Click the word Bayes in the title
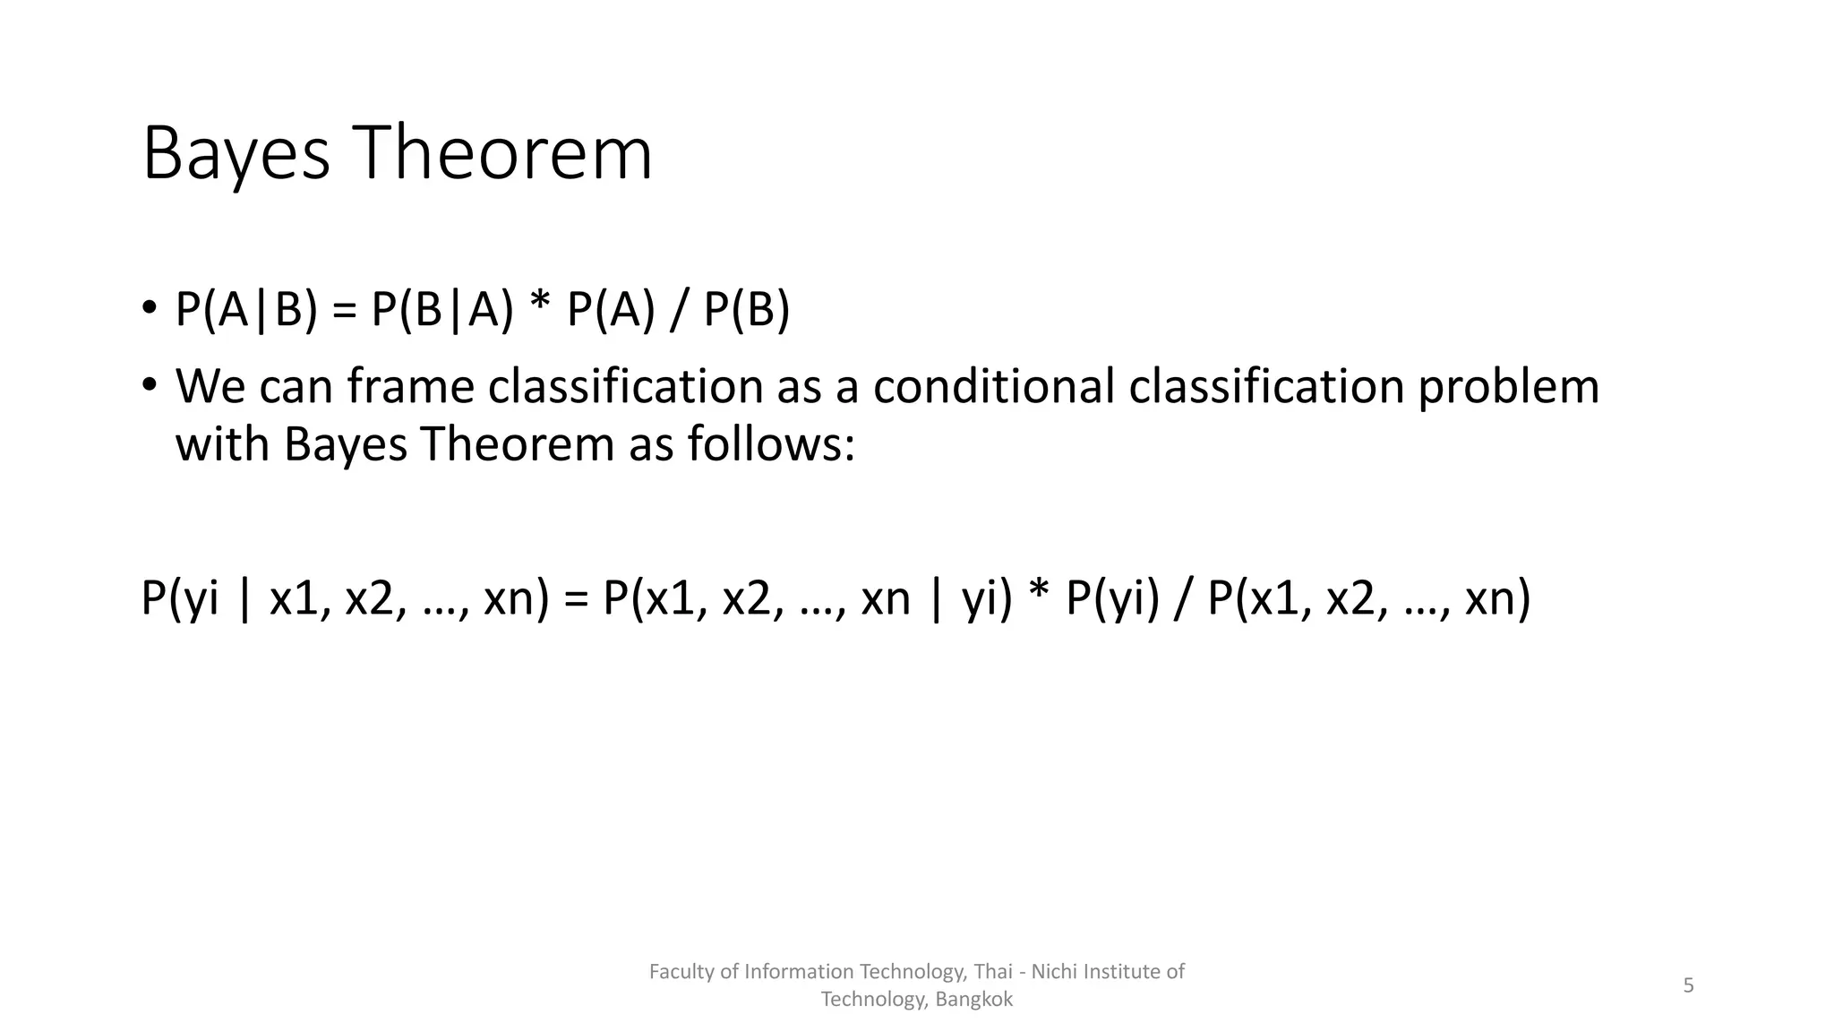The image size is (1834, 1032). click(x=236, y=156)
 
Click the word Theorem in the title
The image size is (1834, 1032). click(x=505, y=154)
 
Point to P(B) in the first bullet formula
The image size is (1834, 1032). click(x=747, y=310)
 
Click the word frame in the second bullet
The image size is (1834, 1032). click(x=410, y=386)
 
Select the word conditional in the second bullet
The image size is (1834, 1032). click(x=993, y=386)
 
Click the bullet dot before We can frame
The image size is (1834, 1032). click(x=149, y=385)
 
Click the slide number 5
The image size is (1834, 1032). click(x=1688, y=985)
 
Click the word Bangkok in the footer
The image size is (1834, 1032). click(x=973, y=1000)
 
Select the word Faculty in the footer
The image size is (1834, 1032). click(x=681, y=972)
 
